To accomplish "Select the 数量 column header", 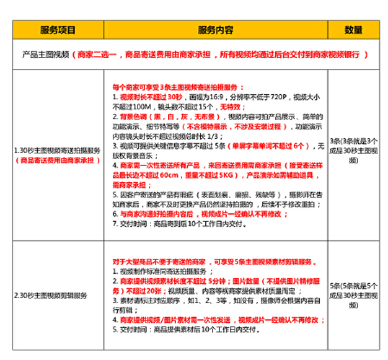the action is [x=353, y=29].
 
